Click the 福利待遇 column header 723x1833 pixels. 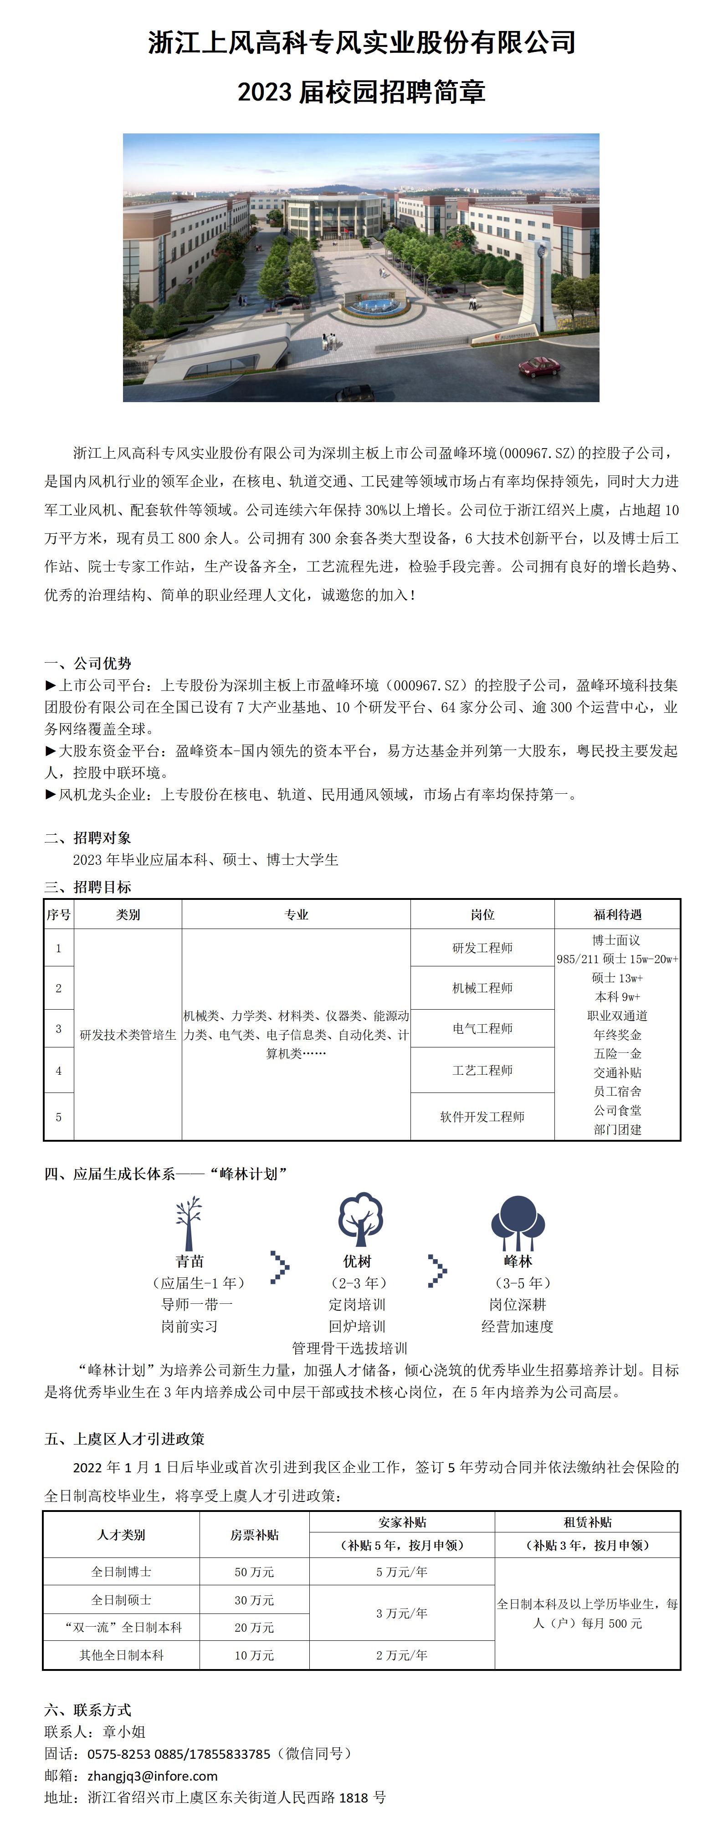click(617, 914)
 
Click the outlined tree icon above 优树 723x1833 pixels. click(360, 1219)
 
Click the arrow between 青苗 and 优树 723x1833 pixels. click(280, 1267)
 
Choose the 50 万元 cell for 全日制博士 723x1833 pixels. click(254, 1572)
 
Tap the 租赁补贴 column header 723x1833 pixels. click(587, 1522)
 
